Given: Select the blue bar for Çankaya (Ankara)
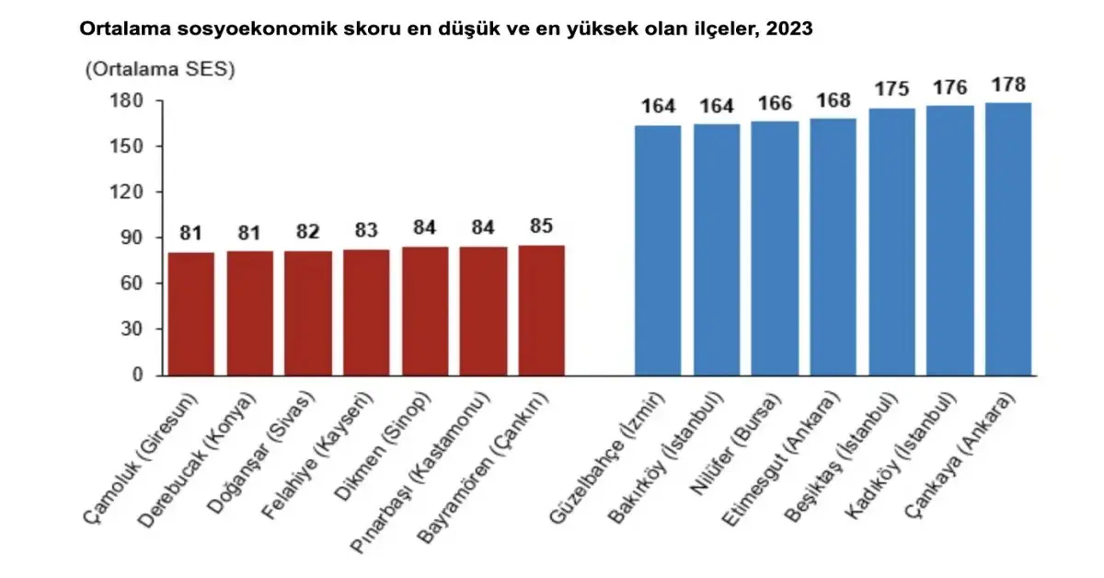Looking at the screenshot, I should (x=1008, y=239).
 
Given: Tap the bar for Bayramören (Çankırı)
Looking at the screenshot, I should (x=541, y=310).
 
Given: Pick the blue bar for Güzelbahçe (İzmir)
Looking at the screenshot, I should (x=658, y=250).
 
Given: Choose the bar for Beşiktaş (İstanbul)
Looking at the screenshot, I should (x=891, y=242).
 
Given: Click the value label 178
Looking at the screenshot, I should (x=1008, y=86).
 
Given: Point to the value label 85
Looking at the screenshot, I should (x=541, y=225).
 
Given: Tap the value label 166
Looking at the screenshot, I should (x=775, y=103).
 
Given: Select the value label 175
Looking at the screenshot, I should (x=891, y=89).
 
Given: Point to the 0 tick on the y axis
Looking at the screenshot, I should (x=136, y=376).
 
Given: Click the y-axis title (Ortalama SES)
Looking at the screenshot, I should (x=159, y=70).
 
